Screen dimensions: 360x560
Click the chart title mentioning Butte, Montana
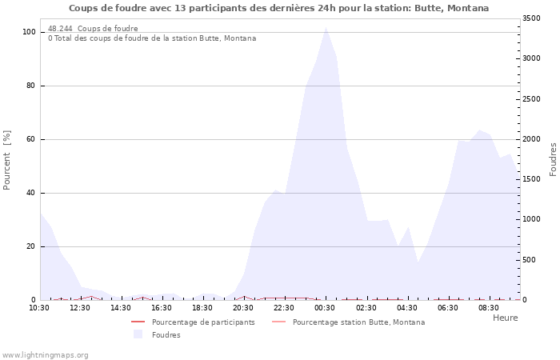tap(278, 8)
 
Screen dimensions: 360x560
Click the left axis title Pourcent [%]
tap(7, 160)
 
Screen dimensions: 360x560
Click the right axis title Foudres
tap(553, 159)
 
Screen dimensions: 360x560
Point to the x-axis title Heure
tap(505, 318)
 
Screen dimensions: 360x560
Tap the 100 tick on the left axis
tap(29, 32)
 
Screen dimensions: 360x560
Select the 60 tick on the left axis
tap(30, 139)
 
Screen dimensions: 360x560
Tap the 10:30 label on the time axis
tap(38, 307)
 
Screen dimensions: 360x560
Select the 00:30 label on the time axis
tap(325, 307)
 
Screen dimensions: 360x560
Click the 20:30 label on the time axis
tap(243, 307)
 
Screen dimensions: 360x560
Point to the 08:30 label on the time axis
tap(488, 307)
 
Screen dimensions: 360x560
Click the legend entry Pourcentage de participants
tap(203, 322)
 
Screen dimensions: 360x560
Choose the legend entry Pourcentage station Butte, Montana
tap(358, 322)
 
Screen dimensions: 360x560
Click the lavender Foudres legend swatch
tap(138, 334)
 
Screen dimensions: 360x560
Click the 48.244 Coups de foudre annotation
tap(93, 29)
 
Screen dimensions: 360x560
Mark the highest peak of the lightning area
tap(326, 28)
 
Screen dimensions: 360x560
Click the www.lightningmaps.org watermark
tap(45, 354)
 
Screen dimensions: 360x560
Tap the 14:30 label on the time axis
tap(120, 307)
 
